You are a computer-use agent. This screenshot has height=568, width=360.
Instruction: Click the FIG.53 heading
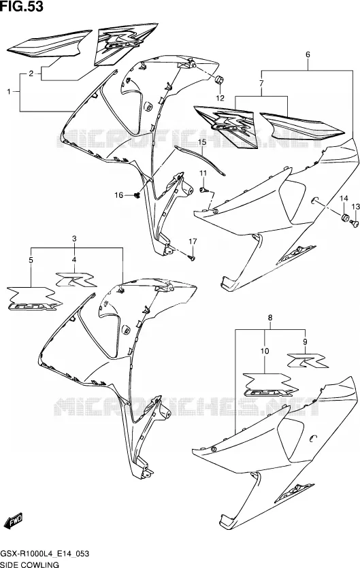(22, 6)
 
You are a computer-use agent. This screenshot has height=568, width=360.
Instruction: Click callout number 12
(220, 98)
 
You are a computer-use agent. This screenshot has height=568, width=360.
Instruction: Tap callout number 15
(202, 142)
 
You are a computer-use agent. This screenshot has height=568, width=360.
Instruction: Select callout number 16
(119, 196)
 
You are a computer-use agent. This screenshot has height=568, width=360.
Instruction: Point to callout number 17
(193, 241)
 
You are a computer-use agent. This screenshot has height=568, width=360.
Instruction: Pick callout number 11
(203, 173)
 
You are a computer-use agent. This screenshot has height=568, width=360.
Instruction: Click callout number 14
(344, 199)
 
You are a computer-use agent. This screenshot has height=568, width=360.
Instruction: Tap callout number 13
(356, 207)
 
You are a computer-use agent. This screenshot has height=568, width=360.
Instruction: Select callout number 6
(308, 55)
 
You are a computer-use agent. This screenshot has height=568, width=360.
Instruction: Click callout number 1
(9, 92)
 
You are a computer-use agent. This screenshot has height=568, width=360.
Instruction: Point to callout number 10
(265, 351)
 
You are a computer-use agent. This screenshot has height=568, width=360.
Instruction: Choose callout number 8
(269, 318)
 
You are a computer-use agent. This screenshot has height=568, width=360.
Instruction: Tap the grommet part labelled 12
(219, 80)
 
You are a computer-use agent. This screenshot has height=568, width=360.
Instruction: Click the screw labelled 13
(354, 224)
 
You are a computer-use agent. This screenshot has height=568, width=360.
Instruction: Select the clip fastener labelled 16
(137, 196)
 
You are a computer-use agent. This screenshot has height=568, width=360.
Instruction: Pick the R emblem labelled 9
(308, 361)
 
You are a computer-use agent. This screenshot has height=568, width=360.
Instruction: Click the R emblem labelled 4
(76, 280)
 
